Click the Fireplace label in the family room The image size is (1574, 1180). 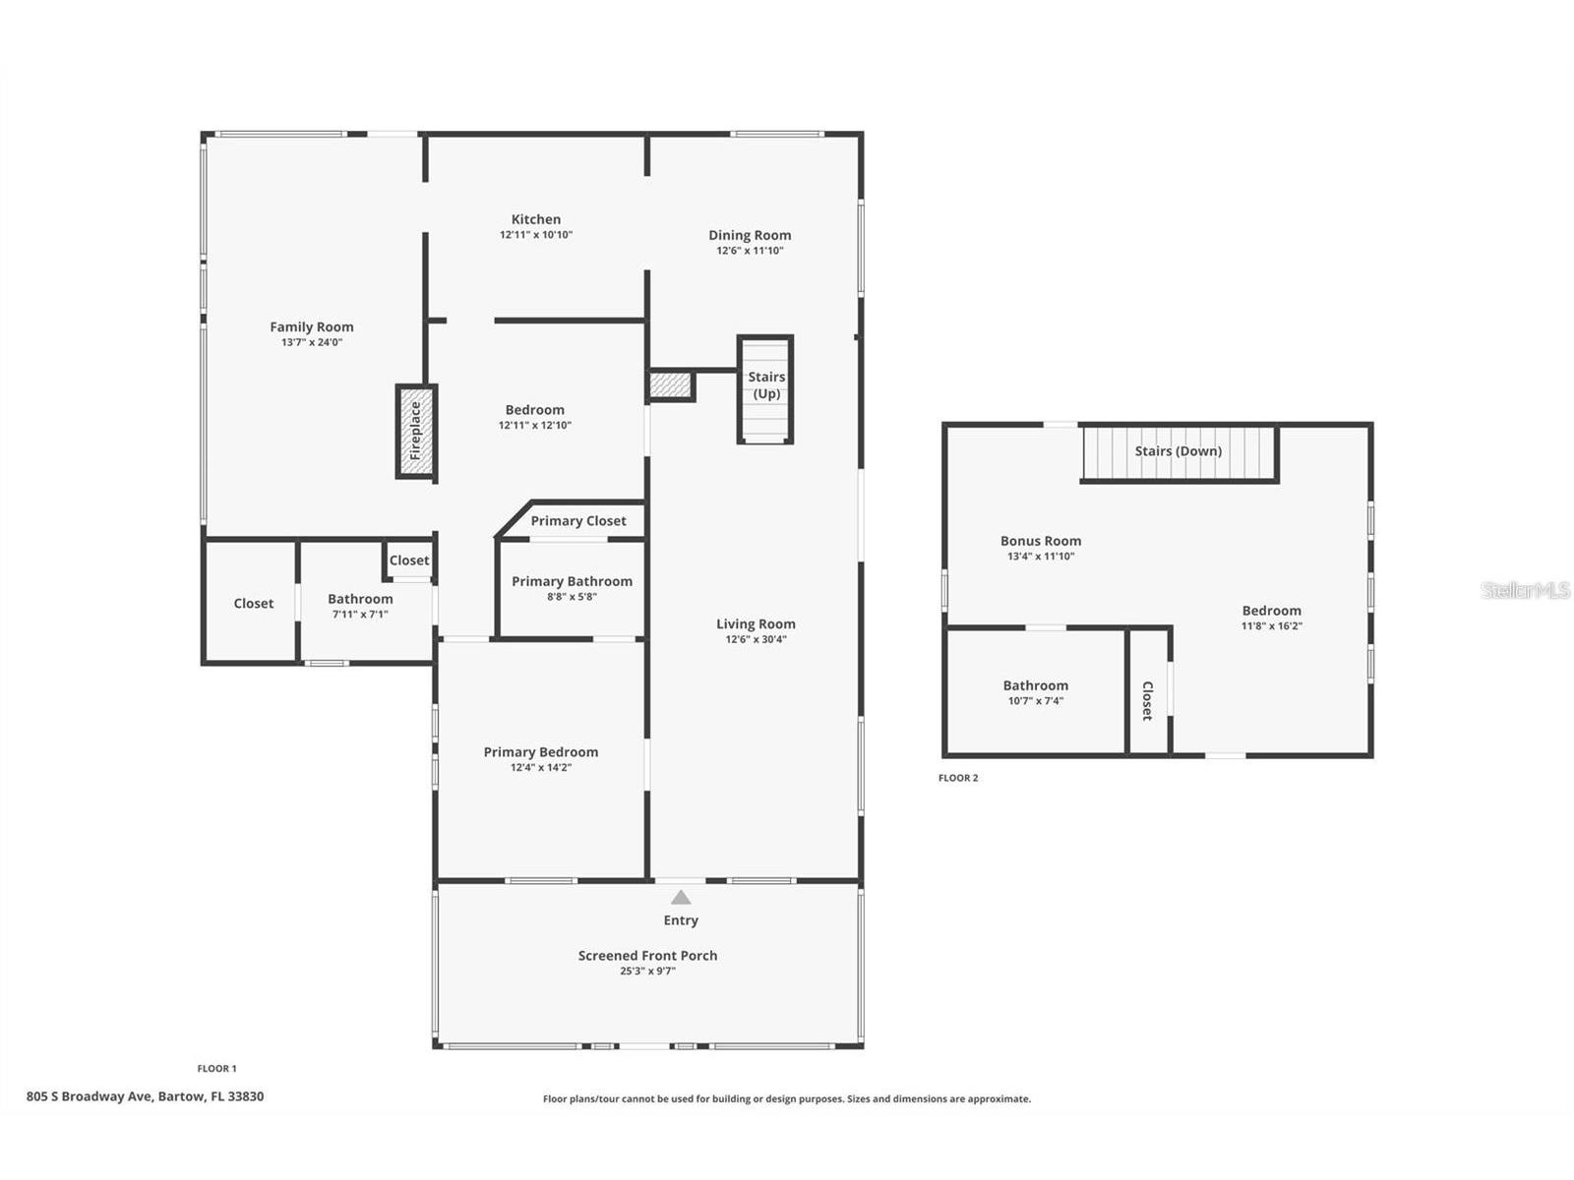pyautogui.click(x=415, y=431)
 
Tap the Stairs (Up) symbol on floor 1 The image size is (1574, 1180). pyautogui.click(x=765, y=389)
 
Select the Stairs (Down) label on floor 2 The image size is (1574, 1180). pyautogui.click(x=1179, y=450)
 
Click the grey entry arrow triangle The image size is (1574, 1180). pyautogui.click(x=681, y=897)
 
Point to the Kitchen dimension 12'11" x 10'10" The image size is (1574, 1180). pyautogui.click(x=536, y=235)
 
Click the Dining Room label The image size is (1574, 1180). pyautogui.click(x=750, y=235)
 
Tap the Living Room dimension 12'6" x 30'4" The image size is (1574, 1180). pyautogui.click(x=756, y=639)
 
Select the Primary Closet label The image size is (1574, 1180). pyautogui.click(x=578, y=521)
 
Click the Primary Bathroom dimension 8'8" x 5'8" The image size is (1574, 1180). pyautogui.click(x=572, y=596)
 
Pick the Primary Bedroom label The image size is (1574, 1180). pyautogui.click(x=541, y=751)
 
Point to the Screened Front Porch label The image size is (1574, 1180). pyautogui.click(x=647, y=955)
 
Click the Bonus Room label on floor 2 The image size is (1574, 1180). pyautogui.click(x=1041, y=541)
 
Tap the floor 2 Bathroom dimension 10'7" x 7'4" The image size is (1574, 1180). pyautogui.click(x=1036, y=701)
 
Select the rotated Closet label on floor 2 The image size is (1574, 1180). pyautogui.click(x=1147, y=700)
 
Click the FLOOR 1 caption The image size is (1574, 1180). pyautogui.click(x=216, y=1068)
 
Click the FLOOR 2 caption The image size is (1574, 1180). pyautogui.click(x=958, y=778)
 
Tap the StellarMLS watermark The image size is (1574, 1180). pyautogui.click(x=1525, y=590)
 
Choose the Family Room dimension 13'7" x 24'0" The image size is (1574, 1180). pyautogui.click(x=311, y=342)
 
